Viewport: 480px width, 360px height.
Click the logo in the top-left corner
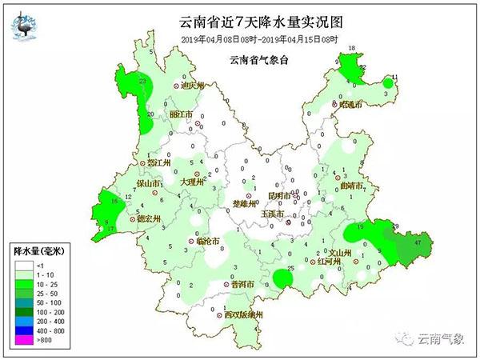27,26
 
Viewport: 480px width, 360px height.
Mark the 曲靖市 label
351,186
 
